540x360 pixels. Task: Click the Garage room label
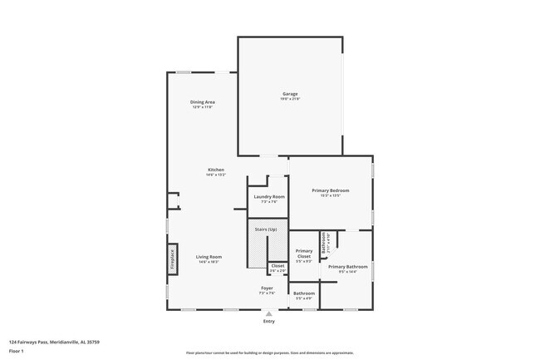pos(290,94)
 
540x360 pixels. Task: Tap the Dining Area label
pos(203,102)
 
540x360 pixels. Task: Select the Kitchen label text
pos(216,170)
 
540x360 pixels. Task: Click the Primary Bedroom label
pos(330,190)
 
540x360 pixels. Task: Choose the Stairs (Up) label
pos(266,229)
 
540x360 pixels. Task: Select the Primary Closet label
pos(304,254)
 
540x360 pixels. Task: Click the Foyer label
pos(267,288)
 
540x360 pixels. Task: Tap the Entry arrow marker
pos(268,313)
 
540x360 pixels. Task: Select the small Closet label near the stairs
pos(277,266)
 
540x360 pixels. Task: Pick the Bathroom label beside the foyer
pos(304,293)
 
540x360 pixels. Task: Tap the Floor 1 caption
pos(17,351)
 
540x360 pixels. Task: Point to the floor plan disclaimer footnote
pos(269,353)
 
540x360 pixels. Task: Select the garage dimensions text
pos(290,99)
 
